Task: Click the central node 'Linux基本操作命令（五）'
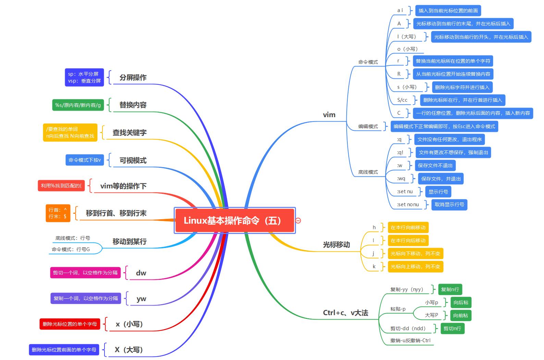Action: click(x=234, y=221)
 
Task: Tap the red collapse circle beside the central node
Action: click(x=298, y=221)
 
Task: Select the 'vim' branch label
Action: click(x=329, y=115)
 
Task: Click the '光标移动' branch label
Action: click(x=336, y=245)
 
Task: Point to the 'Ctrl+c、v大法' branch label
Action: click(x=345, y=313)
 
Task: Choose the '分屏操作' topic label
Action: click(x=133, y=77)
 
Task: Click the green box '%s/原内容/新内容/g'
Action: click(x=78, y=105)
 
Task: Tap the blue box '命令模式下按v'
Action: click(x=85, y=160)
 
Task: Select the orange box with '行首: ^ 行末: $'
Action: click(x=58, y=213)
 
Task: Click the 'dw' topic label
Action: click(x=141, y=273)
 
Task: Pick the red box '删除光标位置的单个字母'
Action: click(x=70, y=324)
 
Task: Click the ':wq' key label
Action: click(x=401, y=178)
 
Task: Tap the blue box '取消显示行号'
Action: click(x=449, y=204)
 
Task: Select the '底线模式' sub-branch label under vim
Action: click(x=368, y=172)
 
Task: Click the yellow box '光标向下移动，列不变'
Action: click(x=415, y=253)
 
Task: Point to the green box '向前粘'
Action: click(x=460, y=315)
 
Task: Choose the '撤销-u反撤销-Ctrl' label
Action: click(x=410, y=340)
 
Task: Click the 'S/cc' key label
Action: click(x=402, y=100)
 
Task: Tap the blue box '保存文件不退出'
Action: click(x=435, y=165)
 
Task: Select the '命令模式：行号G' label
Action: click(x=71, y=249)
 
